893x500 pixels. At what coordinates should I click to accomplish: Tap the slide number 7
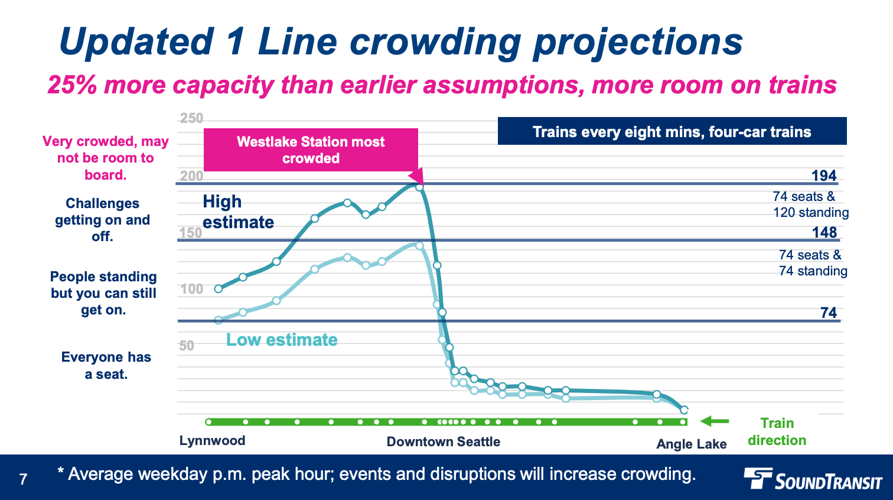(x=23, y=479)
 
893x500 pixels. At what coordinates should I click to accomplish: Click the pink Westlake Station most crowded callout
(x=311, y=150)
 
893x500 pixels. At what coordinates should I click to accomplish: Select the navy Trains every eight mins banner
(x=672, y=131)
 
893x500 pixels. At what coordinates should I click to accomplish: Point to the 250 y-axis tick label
(x=191, y=118)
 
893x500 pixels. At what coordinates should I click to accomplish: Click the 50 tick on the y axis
(x=187, y=346)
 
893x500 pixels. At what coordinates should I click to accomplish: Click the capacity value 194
(x=824, y=176)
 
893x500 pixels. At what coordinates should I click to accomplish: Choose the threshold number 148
(x=824, y=232)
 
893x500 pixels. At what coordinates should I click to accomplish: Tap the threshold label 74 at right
(x=829, y=313)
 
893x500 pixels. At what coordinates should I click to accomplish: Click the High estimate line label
(x=238, y=212)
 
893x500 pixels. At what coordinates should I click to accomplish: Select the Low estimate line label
(x=282, y=340)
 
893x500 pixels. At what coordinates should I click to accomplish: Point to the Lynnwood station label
(x=212, y=441)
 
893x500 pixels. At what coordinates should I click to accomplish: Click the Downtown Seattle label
(x=443, y=441)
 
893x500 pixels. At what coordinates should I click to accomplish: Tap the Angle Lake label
(x=691, y=444)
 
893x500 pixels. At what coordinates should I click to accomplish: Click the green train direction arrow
(x=715, y=421)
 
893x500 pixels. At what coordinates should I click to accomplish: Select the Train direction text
(x=777, y=431)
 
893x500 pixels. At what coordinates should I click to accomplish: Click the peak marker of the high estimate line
(x=419, y=187)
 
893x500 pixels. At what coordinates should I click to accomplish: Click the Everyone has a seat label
(x=106, y=365)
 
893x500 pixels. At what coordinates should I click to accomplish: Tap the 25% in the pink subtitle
(x=72, y=85)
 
